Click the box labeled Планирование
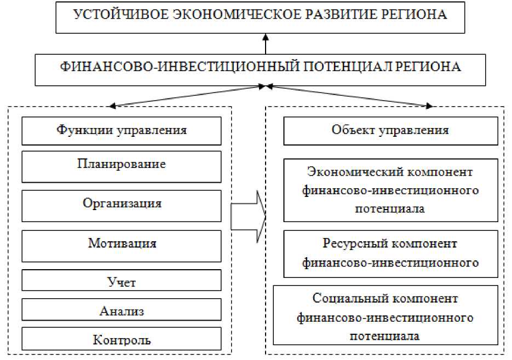coord(122,165)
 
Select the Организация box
coord(122,204)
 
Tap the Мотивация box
coord(122,243)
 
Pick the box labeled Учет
coord(122,282)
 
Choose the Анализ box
coord(122,311)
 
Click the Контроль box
coord(122,340)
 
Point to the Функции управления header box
coord(122,130)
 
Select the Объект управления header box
coord(390,130)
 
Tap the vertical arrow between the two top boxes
coord(266,43)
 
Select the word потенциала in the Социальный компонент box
coord(385,335)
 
